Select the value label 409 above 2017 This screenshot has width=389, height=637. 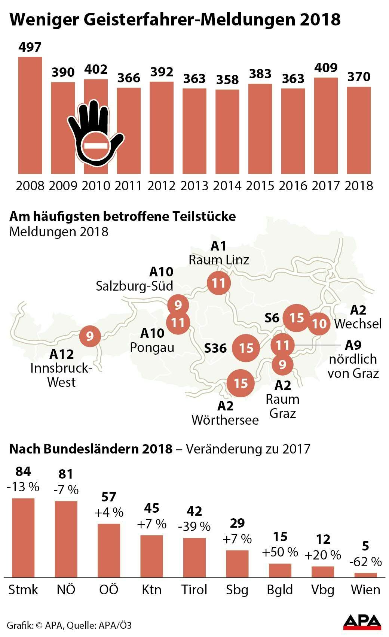pos(326,68)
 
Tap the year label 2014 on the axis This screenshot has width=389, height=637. pos(227,186)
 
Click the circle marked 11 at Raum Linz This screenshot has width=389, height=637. pos(218,283)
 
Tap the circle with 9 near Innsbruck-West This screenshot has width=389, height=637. pos(90,336)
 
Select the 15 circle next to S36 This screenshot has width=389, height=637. pos(246,348)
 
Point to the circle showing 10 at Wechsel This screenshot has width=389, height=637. pos(319,323)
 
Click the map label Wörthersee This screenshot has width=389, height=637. pos(225,420)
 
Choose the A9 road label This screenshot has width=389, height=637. pos(353,345)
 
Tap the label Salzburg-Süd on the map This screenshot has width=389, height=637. pos(134,286)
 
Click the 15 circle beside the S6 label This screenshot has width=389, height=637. pos(296,318)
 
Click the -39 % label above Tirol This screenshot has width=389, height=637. pos(194,527)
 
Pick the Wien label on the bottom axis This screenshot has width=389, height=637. pos(365,590)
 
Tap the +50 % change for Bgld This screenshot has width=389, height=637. pos(280,552)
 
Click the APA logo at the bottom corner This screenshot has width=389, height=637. pos(362,622)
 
